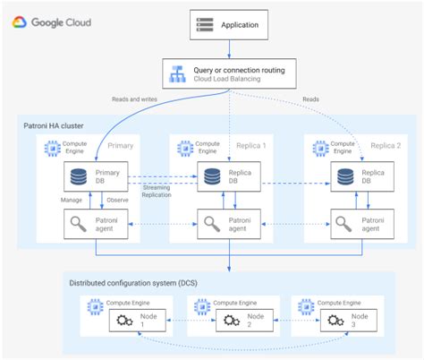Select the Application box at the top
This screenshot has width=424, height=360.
coord(228,24)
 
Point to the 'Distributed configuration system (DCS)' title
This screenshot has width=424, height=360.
coord(136,283)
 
